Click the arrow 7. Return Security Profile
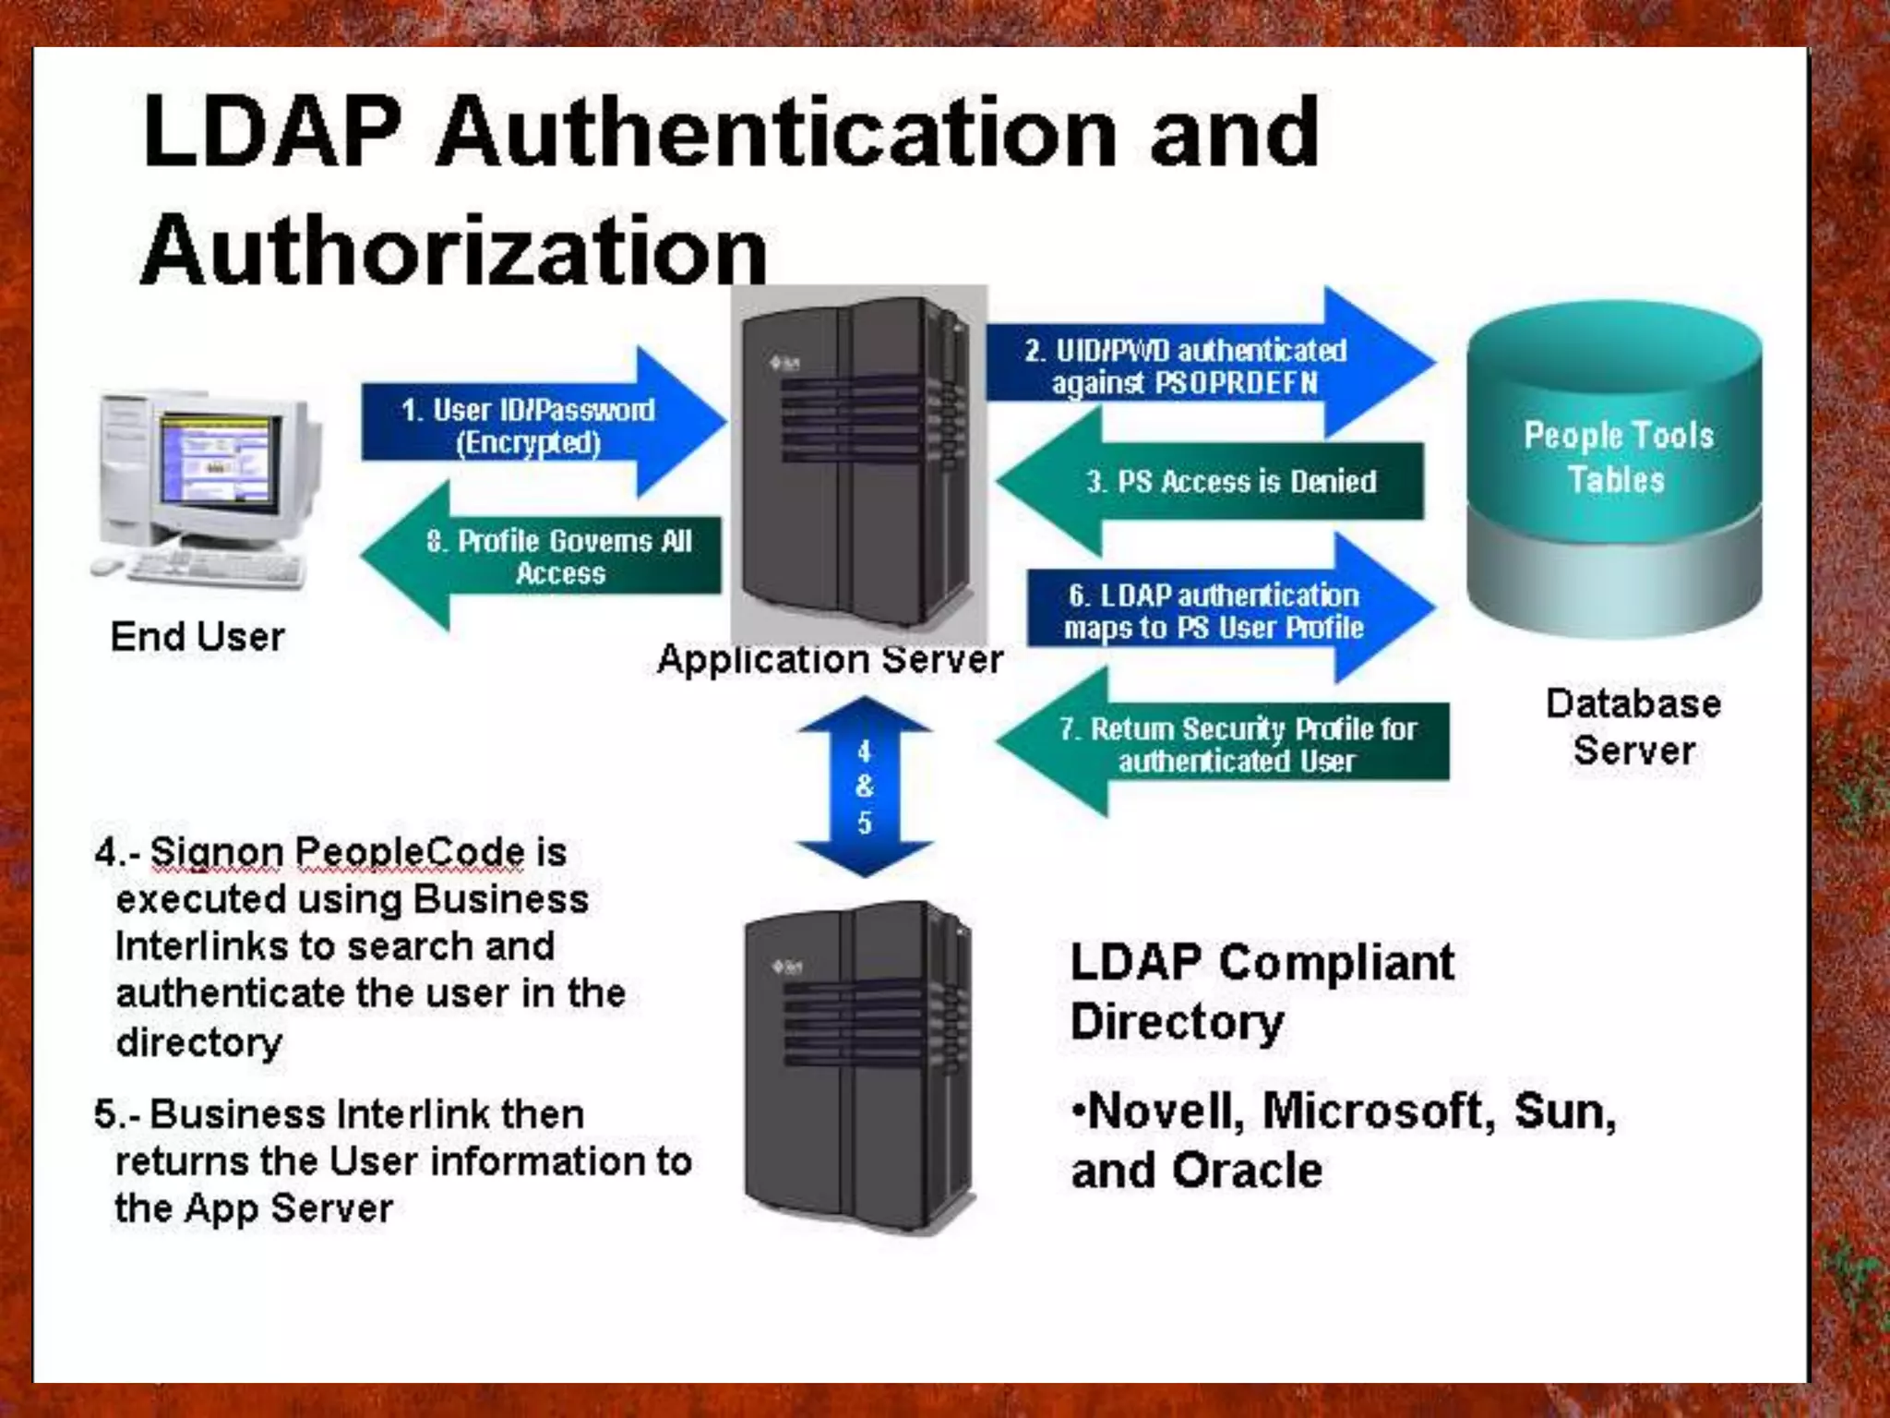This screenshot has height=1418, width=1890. pyautogui.click(x=1237, y=744)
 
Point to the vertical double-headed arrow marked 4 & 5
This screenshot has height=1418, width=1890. pyautogui.click(x=864, y=787)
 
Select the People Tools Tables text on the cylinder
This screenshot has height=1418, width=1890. pyautogui.click(x=1618, y=457)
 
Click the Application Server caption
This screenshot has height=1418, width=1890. pyautogui.click(x=829, y=660)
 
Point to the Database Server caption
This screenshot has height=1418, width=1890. pyautogui.click(x=1633, y=727)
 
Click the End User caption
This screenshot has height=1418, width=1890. pyautogui.click(x=197, y=637)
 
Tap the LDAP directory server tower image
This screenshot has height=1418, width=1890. pyautogui.click(x=858, y=1062)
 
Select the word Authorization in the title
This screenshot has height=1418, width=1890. pyautogui.click(x=454, y=249)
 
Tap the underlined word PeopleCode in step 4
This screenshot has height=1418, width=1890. pyautogui.click(x=410, y=852)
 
